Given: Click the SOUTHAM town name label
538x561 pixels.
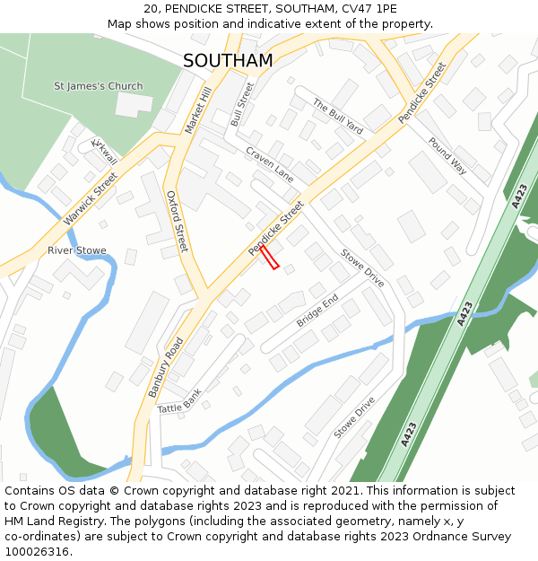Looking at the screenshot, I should [x=228, y=60].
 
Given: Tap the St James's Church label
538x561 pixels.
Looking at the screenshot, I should [x=98, y=86].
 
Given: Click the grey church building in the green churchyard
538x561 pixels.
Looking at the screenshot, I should [x=134, y=104].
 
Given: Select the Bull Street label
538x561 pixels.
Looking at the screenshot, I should [x=242, y=103].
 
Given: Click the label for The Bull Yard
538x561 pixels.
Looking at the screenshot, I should [x=337, y=117].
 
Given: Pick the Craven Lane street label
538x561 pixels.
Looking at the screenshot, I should [x=270, y=164].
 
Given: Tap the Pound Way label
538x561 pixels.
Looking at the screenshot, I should [x=447, y=155].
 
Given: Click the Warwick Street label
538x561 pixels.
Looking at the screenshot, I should [x=91, y=198].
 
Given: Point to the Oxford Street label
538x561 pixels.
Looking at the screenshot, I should [x=178, y=220].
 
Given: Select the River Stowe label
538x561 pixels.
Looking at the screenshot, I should [x=77, y=250].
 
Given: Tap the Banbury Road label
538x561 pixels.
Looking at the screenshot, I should [x=168, y=366].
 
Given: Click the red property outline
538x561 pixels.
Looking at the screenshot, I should [x=270, y=259].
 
